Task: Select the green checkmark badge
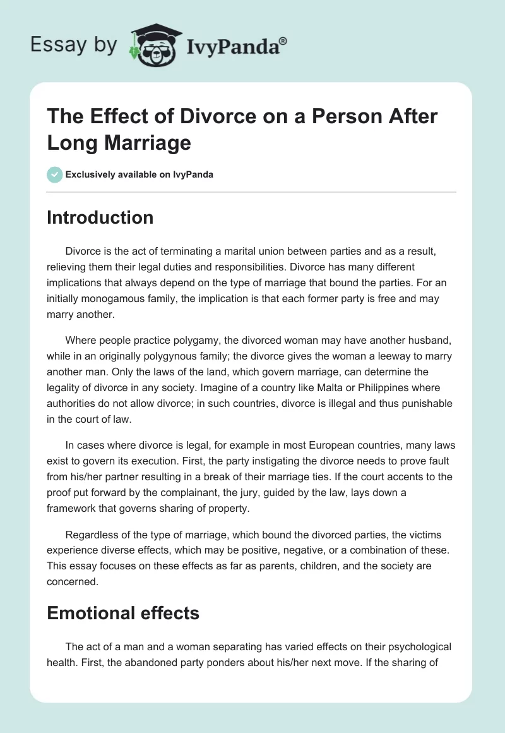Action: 55,174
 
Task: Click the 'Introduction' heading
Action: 100,217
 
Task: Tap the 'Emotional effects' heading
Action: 123,612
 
